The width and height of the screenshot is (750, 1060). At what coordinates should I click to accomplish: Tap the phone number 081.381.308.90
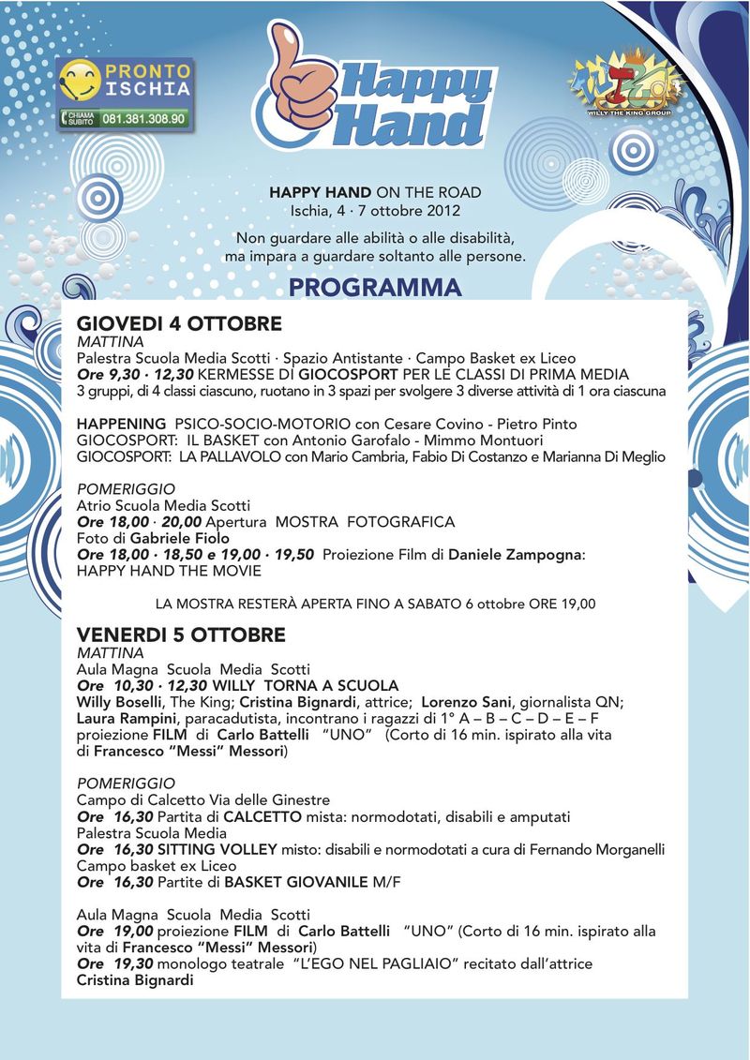point(142,119)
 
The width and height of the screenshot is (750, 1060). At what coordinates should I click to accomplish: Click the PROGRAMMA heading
point(375,287)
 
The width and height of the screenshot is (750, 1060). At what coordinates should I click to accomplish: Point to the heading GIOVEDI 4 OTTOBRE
point(179,324)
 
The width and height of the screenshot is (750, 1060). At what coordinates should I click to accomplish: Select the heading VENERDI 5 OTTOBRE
point(181,635)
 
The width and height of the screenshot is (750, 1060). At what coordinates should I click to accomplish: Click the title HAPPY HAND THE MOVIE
point(169,571)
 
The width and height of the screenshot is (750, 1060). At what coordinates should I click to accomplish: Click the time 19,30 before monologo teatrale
point(131,963)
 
